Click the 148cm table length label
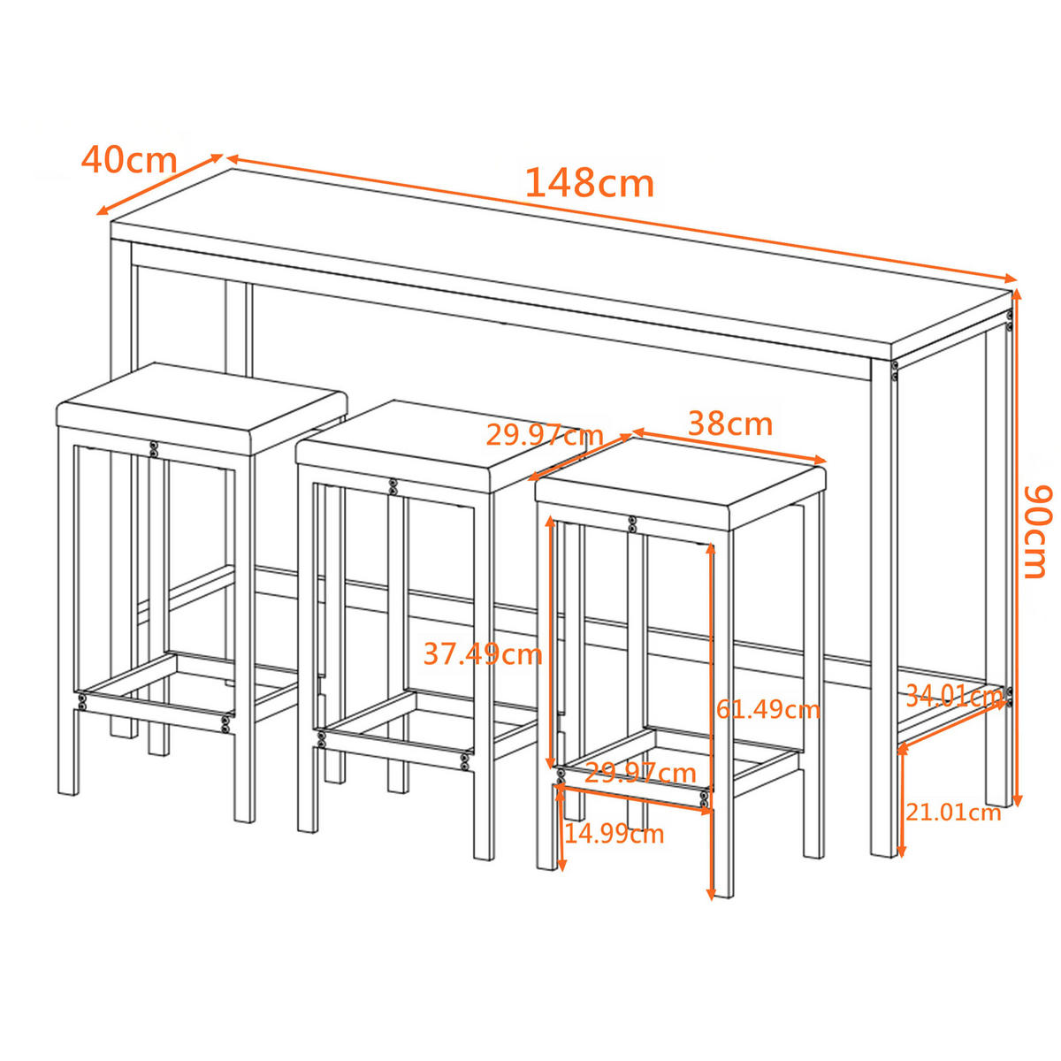[589, 184]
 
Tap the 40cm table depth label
[129, 160]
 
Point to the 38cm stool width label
[730, 424]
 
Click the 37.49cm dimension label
[482, 654]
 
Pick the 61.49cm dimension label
[767, 709]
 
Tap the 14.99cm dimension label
[614, 833]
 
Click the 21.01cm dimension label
[953, 812]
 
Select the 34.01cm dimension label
[953, 696]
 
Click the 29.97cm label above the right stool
[544, 435]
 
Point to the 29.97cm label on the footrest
[640, 774]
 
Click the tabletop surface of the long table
[566, 256]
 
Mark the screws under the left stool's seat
[154, 449]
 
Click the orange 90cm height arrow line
[1017, 548]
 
